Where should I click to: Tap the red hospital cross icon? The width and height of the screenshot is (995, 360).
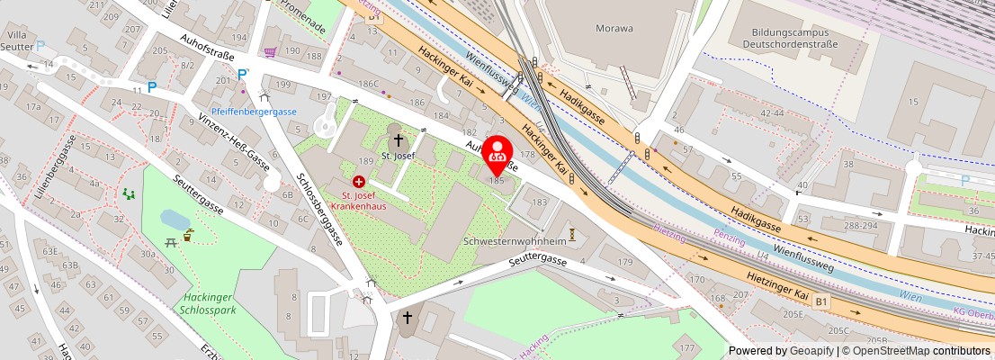click(x=359, y=182)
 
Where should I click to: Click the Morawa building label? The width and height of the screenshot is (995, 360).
click(x=614, y=28)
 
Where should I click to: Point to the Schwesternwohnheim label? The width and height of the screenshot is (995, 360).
click(x=514, y=242)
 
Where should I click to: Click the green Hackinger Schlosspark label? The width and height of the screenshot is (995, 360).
click(x=208, y=304)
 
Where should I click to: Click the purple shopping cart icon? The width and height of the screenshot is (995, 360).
click(x=269, y=53)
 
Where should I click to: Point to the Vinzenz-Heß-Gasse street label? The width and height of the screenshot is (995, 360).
click(x=221, y=138)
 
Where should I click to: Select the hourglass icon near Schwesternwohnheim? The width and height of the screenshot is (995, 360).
click(x=570, y=233)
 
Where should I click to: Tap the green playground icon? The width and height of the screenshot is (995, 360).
click(x=129, y=193)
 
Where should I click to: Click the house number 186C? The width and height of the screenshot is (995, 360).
click(x=369, y=84)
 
